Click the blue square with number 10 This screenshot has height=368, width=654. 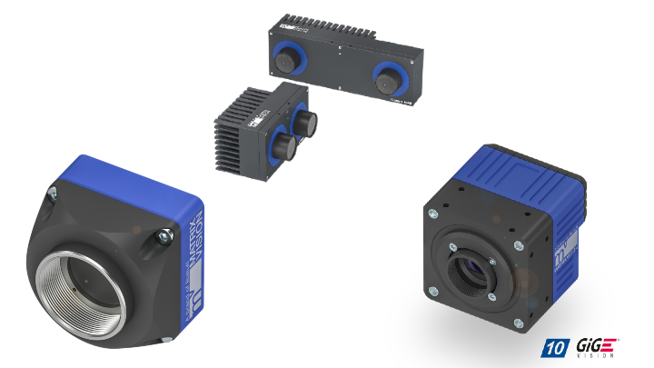tap(552, 347)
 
